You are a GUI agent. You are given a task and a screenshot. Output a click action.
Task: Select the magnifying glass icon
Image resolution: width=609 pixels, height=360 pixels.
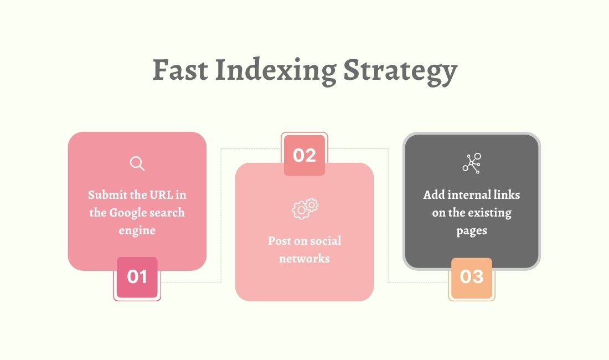click(x=137, y=163)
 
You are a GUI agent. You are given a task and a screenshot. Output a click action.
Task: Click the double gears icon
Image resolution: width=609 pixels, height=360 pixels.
click(x=305, y=208)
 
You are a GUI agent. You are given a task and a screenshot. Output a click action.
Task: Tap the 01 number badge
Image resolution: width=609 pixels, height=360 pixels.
click(x=137, y=276)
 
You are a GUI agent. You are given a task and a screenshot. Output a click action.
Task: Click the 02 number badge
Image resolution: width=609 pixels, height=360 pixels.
click(x=304, y=156)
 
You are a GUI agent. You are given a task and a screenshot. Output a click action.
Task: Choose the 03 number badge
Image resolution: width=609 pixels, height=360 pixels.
click(x=472, y=276)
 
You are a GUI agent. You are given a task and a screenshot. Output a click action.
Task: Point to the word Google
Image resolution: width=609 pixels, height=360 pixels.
click(x=130, y=213)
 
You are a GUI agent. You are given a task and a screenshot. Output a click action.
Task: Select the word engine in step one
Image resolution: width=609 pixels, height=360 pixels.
click(x=137, y=230)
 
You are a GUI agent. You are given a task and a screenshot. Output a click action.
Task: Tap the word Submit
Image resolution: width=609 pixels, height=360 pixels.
click(x=107, y=195)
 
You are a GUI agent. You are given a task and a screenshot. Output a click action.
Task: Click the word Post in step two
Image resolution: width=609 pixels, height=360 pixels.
click(x=280, y=241)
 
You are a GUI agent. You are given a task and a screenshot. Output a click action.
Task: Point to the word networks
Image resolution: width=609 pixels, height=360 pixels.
click(x=304, y=259)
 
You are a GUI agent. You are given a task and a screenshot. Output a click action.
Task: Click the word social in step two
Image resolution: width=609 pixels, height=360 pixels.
click(x=325, y=241)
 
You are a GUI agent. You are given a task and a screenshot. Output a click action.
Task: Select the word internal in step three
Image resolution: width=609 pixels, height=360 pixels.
click(x=467, y=195)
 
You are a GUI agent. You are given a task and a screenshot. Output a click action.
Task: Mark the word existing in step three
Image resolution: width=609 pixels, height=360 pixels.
click(x=489, y=213)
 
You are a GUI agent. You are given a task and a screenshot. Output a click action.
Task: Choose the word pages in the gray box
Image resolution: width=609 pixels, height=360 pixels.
click(x=472, y=230)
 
